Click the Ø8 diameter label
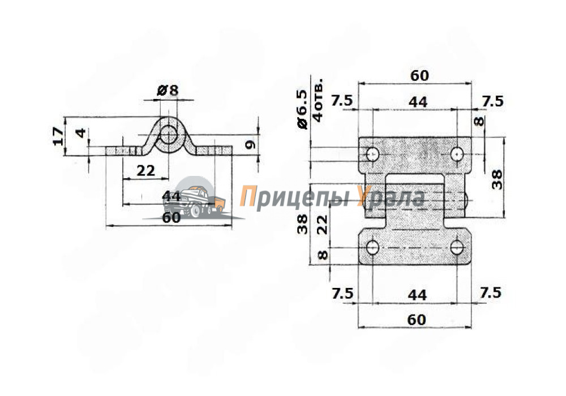click(168, 90)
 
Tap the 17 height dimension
click(59, 136)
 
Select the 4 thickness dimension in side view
click(81, 132)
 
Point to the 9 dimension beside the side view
click(250, 145)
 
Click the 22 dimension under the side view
click(146, 171)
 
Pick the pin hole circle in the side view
click(169, 135)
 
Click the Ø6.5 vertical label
click(302, 109)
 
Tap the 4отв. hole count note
click(318, 101)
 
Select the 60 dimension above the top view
click(419, 76)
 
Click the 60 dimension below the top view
click(416, 320)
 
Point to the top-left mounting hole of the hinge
click(372, 154)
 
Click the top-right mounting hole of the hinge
click(457, 154)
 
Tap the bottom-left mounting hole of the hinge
click(372, 248)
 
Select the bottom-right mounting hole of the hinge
click(457, 248)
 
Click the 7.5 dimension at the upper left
click(341, 101)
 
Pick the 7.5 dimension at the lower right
click(491, 292)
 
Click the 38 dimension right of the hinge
click(497, 179)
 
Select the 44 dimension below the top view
click(417, 295)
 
